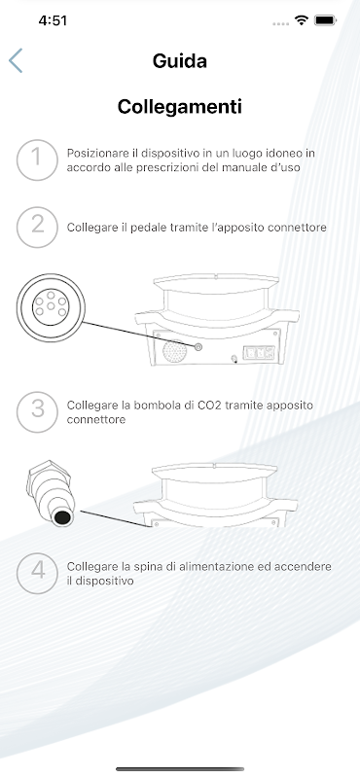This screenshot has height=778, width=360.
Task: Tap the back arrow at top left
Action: point(16,60)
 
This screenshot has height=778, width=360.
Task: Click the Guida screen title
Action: point(180,61)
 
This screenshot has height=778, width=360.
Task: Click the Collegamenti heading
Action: point(180,106)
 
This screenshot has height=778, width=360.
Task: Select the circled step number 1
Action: point(37,159)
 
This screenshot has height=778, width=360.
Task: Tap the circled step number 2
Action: point(37,228)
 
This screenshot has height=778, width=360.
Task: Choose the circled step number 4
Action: point(37,573)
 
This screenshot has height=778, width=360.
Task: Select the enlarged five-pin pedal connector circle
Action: point(51,307)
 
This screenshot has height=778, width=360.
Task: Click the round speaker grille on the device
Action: point(175,351)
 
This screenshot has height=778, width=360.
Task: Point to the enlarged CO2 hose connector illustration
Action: point(51,493)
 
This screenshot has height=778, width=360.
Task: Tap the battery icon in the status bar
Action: point(325,20)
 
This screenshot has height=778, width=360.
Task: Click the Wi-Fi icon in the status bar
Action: point(301,20)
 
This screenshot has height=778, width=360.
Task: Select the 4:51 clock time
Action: point(53,20)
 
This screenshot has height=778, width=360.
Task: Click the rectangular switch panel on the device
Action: point(258,353)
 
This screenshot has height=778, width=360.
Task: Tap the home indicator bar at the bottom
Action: point(180,769)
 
